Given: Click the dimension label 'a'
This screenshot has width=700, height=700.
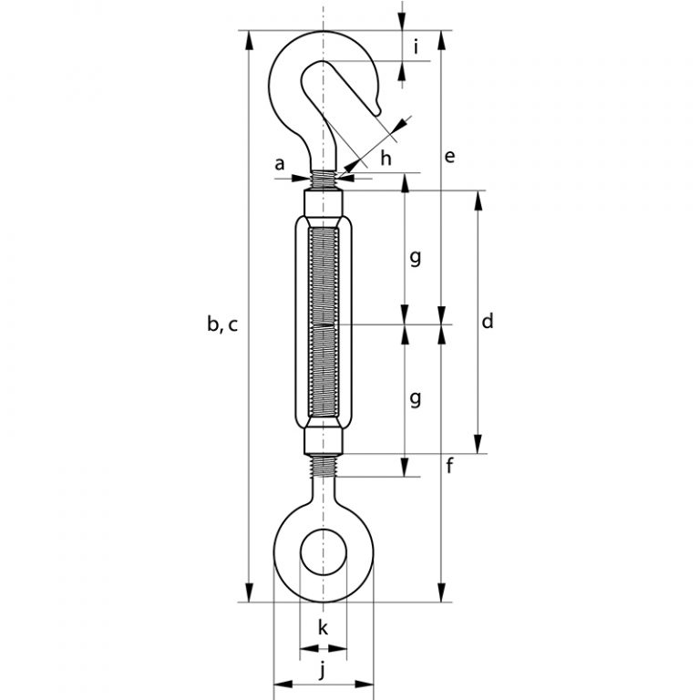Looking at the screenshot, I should pyautogui.click(x=281, y=163).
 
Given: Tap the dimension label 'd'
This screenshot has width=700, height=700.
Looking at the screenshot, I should pyautogui.click(x=488, y=321).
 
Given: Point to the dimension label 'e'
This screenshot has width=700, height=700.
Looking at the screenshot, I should pyautogui.click(x=448, y=157).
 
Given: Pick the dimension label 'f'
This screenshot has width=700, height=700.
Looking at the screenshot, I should pyautogui.click(x=449, y=469).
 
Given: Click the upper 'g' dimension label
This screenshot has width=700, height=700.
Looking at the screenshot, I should pyautogui.click(x=415, y=258).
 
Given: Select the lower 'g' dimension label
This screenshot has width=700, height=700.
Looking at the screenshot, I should pyautogui.click(x=415, y=398).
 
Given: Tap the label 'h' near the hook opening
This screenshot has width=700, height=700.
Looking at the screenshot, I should pyautogui.click(x=386, y=158).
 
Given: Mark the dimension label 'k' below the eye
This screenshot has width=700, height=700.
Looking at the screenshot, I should pyautogui.click(x=323, y=627).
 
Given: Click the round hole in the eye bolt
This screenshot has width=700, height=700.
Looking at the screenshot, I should pyautogui.click(x=324, y=551).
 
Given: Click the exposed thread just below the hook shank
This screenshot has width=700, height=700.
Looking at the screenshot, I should pyautogui.click(x=324, y=179).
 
